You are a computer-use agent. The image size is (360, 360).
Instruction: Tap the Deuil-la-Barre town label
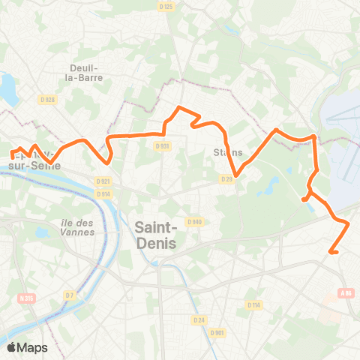[85, 70]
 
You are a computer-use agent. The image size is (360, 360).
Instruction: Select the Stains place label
[228, 152]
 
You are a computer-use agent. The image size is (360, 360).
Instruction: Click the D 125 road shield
[166, 7]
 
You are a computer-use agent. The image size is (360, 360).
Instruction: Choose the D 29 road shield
[227, 178]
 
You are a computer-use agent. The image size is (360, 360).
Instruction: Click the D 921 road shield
[103, 181]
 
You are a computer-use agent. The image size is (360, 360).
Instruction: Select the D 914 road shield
[103, 194]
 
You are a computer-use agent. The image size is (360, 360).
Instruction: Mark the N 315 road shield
[26, 298]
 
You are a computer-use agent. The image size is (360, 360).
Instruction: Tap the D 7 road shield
[69, 295]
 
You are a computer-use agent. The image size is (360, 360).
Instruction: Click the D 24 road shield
[199, 320]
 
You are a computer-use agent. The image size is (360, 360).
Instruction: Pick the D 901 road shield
[217, 332]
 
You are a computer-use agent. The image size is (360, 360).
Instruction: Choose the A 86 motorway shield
[346, 293]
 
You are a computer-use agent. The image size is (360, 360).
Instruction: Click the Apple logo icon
[12, 347]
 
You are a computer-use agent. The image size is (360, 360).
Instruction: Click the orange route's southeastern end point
[330, 253]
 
